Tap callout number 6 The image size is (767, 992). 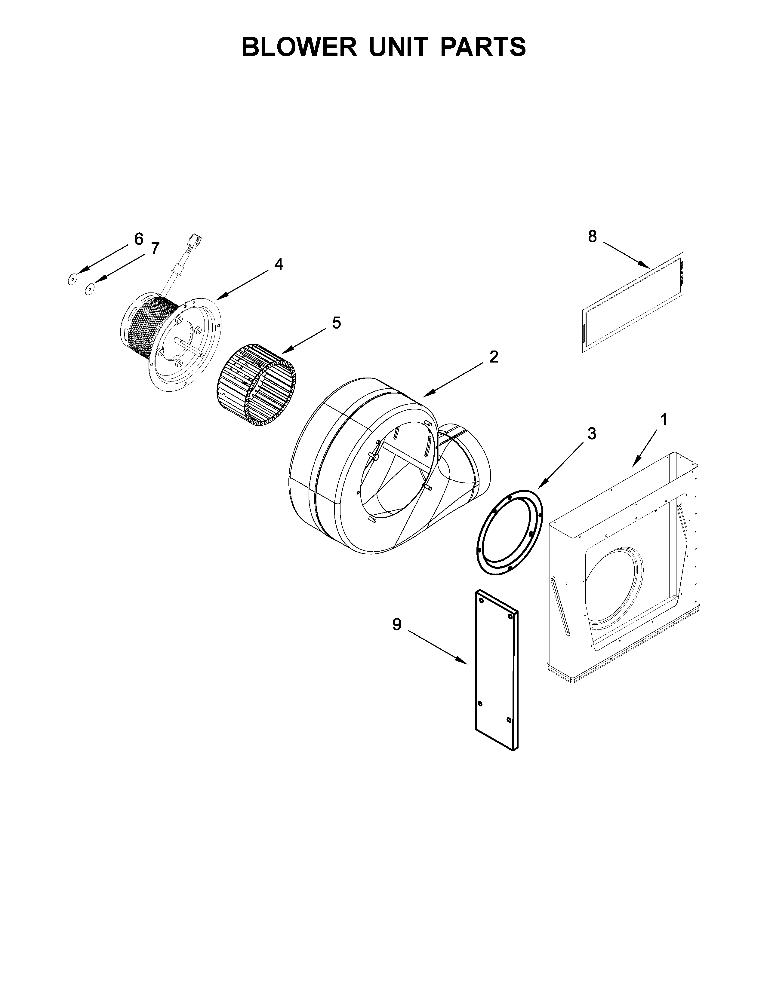[x=139, y=238]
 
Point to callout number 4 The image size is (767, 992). [x=278, y=264]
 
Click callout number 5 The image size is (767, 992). [x=336, y=323]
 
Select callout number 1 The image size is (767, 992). [x=664, y=420]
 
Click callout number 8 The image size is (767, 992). [x=592, y=236]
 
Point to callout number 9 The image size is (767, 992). [x=397, y=625]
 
